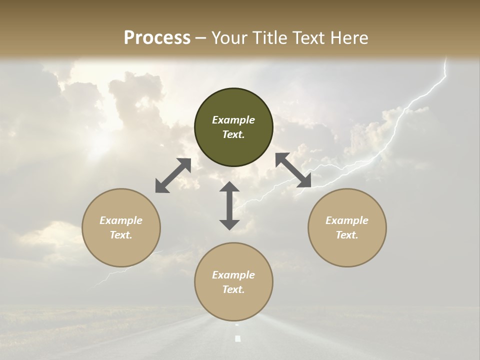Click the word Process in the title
point(157,38)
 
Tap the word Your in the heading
point(228,38)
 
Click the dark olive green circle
point(233,127)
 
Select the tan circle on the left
point(121,227)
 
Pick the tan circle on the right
point(347,227)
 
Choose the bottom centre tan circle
point(233,282)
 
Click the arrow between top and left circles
point(173,175)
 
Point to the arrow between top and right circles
point(293,170)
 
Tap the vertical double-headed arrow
point(229,205)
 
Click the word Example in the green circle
point(233,120)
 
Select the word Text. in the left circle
point(121,235)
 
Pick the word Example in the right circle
point(347,220)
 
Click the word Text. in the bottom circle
point(233,289)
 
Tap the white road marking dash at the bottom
point(237,338)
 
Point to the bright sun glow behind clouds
point(100,142)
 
